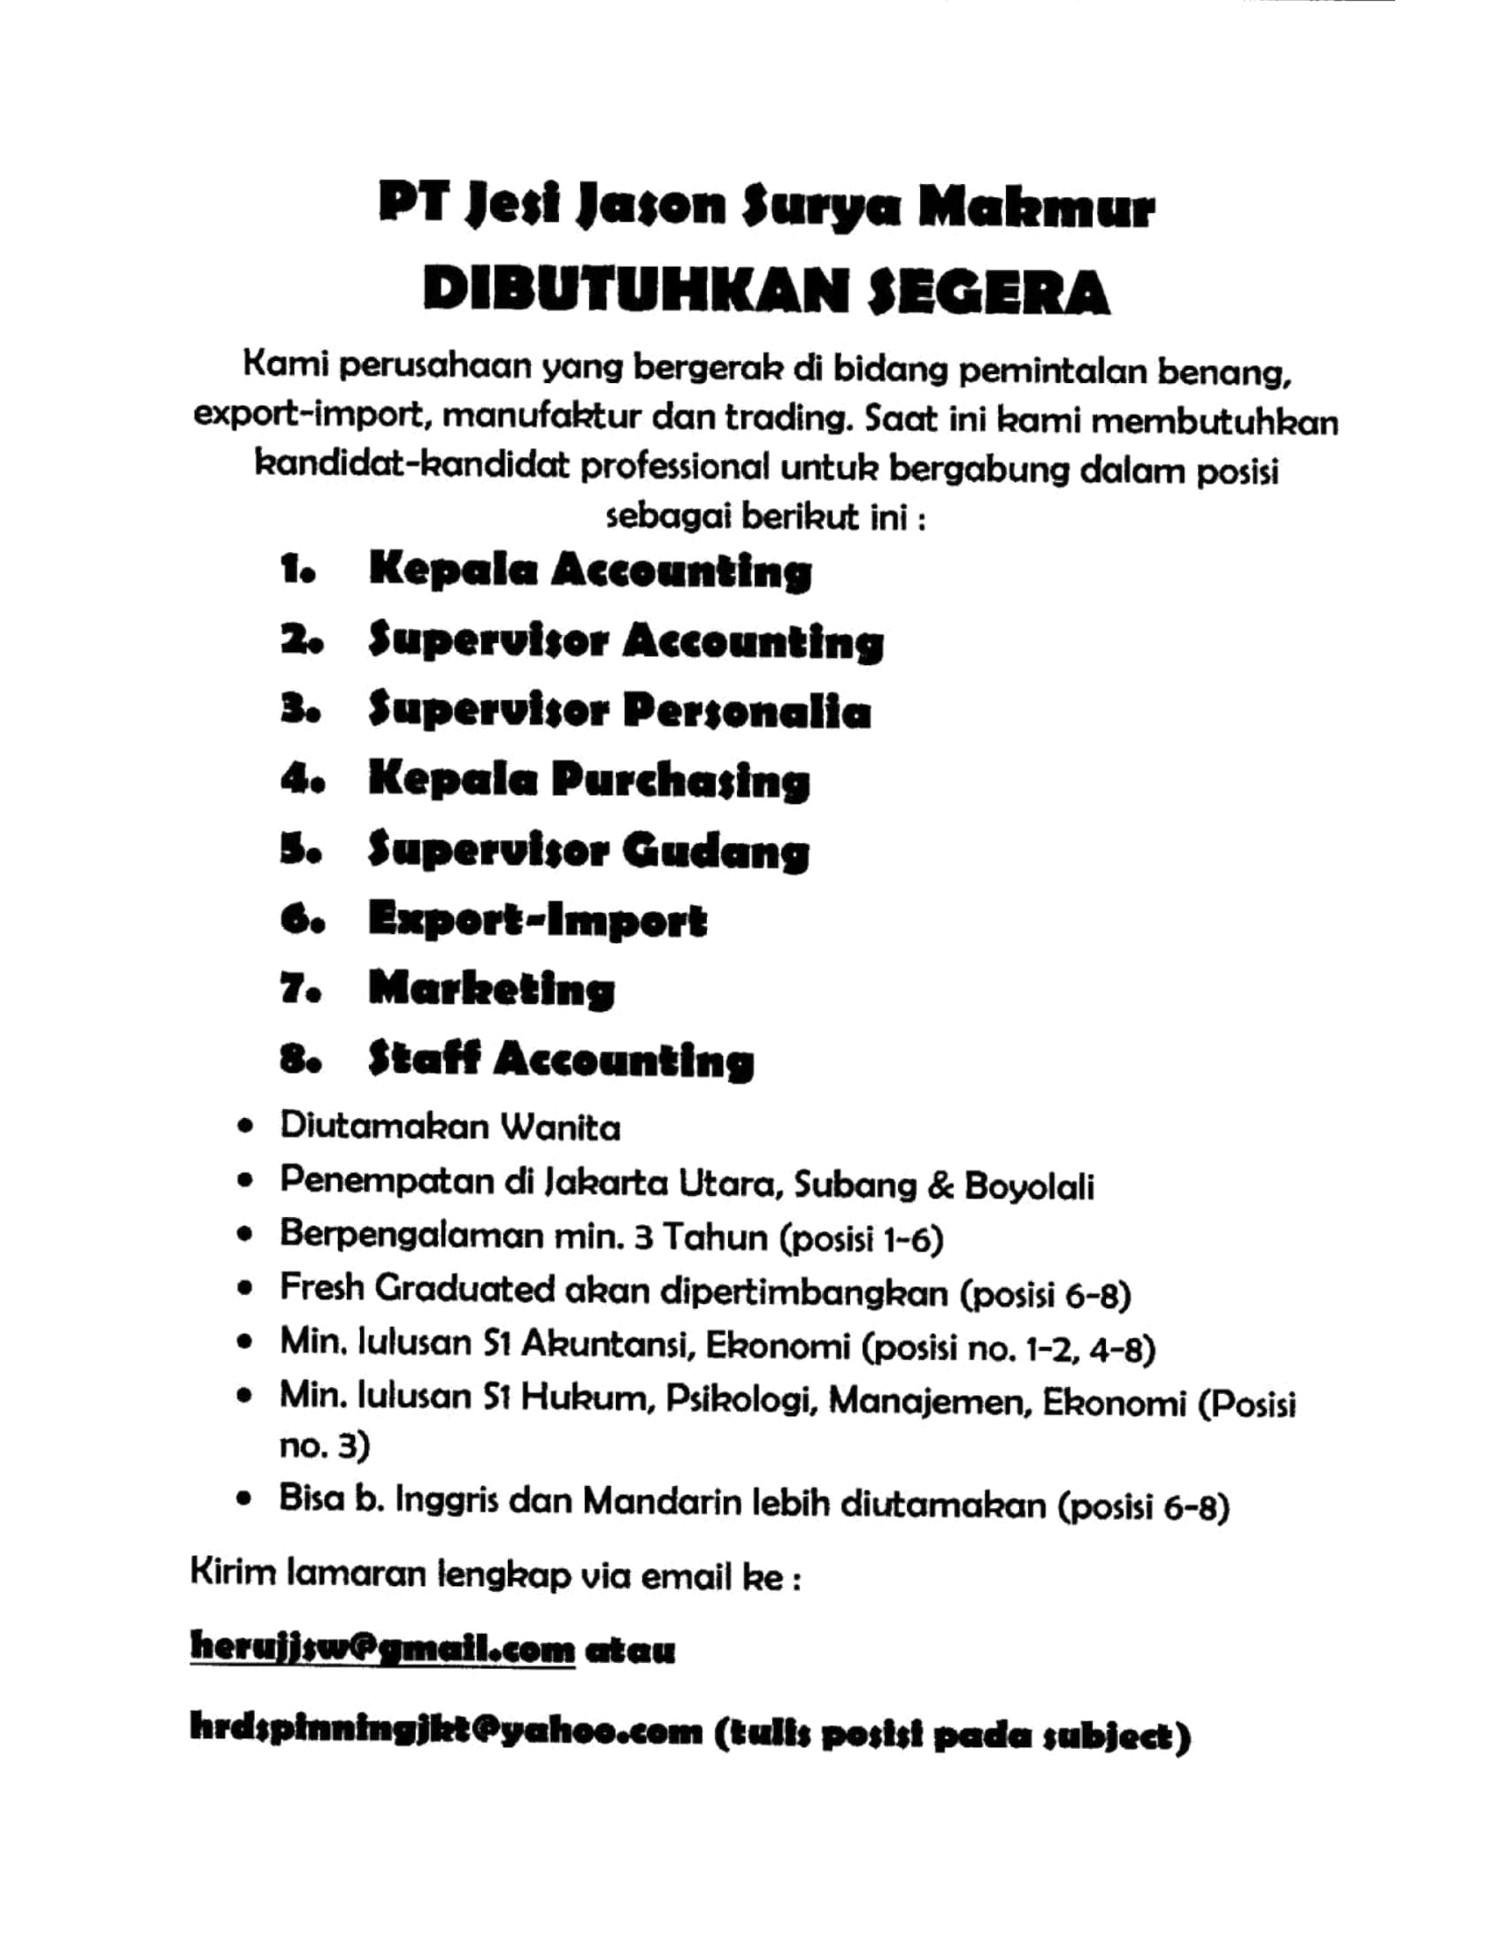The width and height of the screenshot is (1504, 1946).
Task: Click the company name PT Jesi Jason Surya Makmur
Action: click(x=765, y=208)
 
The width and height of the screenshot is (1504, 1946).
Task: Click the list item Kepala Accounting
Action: click(x=590, y=571)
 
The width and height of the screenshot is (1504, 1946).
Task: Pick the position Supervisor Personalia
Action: click(x=619, y=712)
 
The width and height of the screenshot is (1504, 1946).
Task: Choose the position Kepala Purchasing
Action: click(x=589, y=782)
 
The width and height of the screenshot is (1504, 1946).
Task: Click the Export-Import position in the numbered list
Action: click(x=537, y=922)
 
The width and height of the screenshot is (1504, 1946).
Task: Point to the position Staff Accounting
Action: click(x=561, y=1061)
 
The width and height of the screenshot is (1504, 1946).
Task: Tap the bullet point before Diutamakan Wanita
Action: click(x=245, y=1130)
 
